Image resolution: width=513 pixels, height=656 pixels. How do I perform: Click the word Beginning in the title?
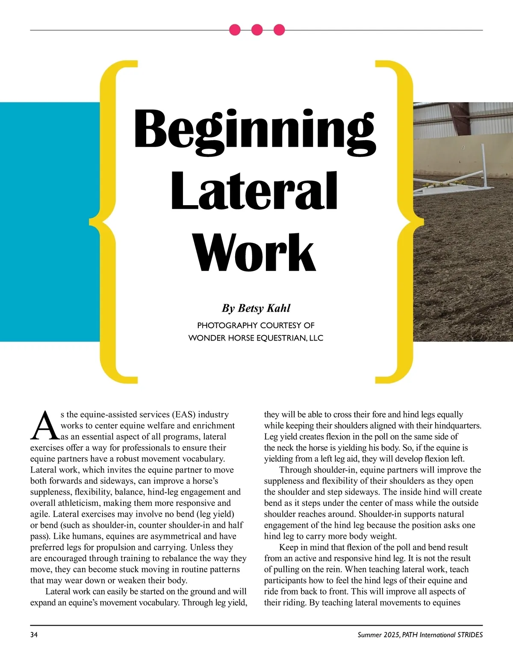tap(255, 129)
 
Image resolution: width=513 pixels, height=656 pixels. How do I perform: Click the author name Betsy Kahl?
tap(256, 308)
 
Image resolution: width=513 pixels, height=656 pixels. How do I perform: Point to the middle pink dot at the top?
tap(256, 30)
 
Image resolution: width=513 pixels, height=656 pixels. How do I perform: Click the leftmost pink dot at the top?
tap(235, 30)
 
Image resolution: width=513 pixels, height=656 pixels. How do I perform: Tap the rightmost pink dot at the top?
tap(279, 30)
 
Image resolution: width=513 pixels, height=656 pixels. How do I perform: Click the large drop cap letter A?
tap(44, 426)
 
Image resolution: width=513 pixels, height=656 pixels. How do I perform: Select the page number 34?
tap(34, 635)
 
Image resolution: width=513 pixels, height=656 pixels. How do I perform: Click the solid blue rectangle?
tap(49, 222)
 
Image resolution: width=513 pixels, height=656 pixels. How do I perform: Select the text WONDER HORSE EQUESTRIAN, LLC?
tap(256, 338)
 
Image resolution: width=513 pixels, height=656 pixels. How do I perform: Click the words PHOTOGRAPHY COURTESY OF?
tap(256, 325)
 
